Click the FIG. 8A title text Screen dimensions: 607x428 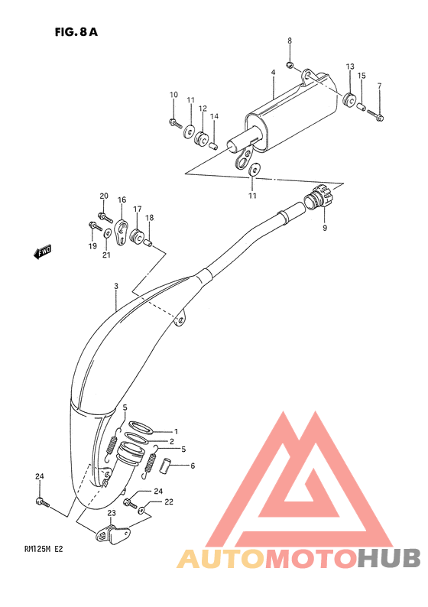click(x=76, y=32)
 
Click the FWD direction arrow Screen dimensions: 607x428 click(x=42, y=251)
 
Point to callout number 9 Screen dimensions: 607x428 click(x=324, y=229)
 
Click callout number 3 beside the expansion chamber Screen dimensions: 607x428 click(x=115, y=287)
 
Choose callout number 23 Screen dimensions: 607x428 click(x=112, y=514)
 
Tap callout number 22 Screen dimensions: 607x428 click(x=169, y=502)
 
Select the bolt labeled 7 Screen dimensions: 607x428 click(x=379, y=116)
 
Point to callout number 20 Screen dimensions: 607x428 click(x=104, y=196)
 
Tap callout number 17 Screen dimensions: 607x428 click(x=138, y=209)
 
